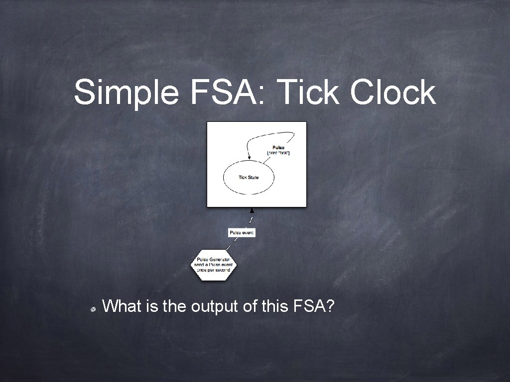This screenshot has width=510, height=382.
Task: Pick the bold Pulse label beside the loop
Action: (278, 148)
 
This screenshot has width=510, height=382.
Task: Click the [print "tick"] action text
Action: (278, 153)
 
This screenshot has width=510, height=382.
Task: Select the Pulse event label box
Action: (242, 232)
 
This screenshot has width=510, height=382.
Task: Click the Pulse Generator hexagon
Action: (214, 264)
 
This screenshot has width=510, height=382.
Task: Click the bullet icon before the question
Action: (93, 308)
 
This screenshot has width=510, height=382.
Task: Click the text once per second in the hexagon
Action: (214, 270)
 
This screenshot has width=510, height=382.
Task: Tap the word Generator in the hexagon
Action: (220, 259)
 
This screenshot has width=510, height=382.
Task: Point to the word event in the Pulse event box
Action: (248, 232)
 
